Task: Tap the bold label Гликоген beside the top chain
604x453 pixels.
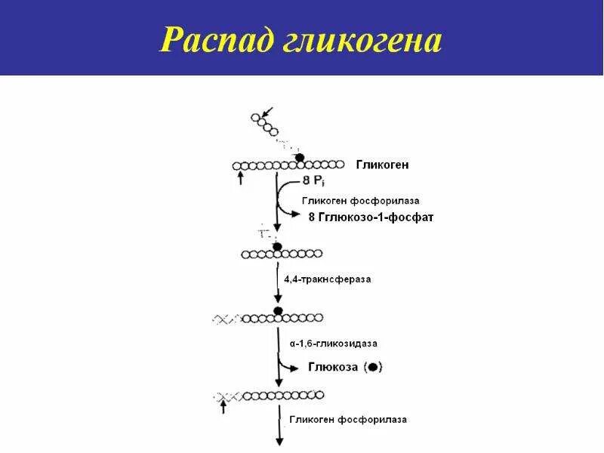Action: click(383, 165)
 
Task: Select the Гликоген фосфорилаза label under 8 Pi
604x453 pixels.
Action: click(360, 201)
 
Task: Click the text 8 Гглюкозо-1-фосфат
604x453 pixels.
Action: click(371, 217)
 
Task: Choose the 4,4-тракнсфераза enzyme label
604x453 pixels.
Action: click(327, 279)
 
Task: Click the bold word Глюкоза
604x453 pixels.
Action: click(331, 367)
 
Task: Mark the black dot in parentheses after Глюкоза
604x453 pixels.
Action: click(374, 368)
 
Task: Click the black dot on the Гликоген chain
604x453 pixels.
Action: click(300, 157)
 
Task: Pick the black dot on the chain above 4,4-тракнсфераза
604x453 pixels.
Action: click(277, 247)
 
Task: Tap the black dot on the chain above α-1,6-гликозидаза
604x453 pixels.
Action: click(278, 311)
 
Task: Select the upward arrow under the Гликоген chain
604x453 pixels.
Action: click(240, 178)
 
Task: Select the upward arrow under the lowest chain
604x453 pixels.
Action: click(223, 408)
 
